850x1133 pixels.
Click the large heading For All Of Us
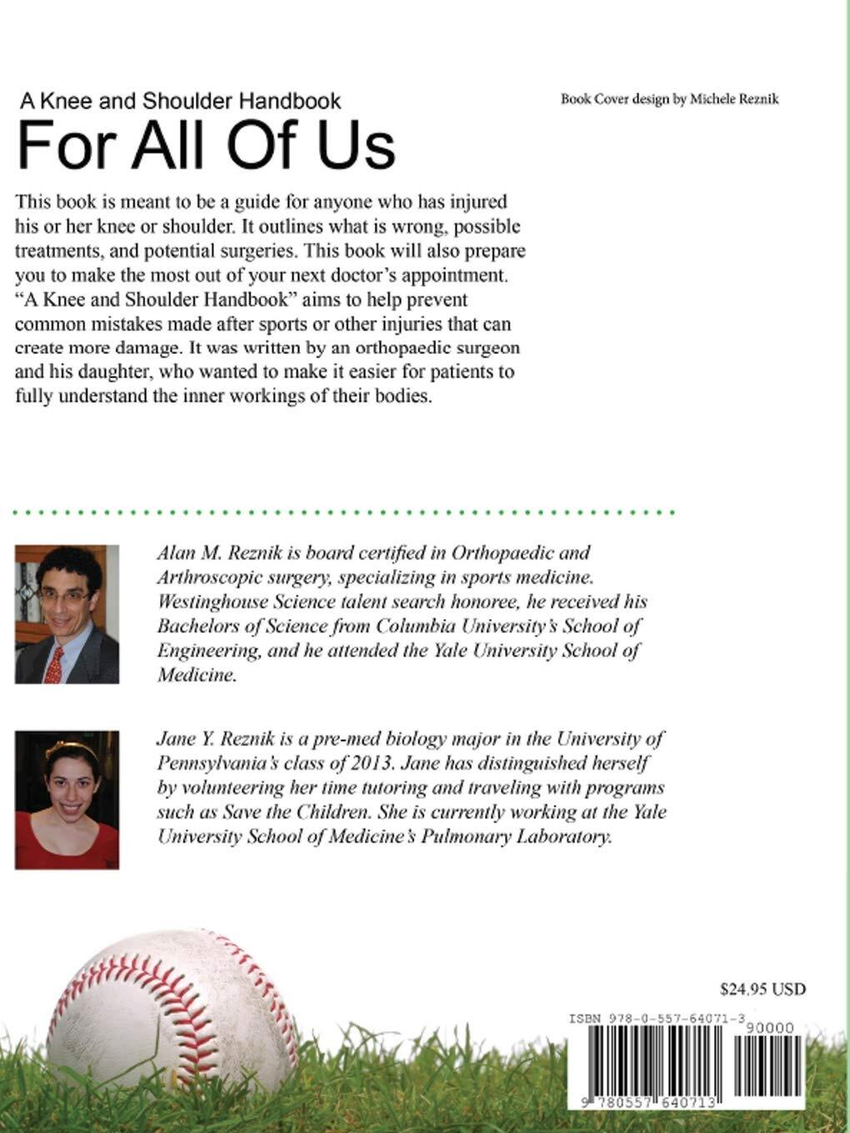206,145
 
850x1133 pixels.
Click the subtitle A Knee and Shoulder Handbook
181,101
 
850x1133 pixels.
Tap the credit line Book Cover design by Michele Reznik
669,99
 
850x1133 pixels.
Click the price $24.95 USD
762,990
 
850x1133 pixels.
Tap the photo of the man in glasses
67,614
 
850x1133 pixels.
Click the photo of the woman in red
67,800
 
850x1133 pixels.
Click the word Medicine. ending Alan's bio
197,675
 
